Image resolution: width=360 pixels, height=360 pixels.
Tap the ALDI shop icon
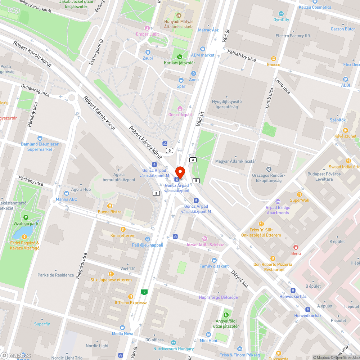[x=346, y=79]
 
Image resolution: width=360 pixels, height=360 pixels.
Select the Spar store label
[x=181, y=86]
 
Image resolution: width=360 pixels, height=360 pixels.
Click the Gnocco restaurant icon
[x=274, y=59]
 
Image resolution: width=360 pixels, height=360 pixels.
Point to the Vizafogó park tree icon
[x=26, y=217]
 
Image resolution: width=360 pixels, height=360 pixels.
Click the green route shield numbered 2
[x=144, y=292]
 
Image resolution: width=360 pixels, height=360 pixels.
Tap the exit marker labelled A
[x=193, y=159]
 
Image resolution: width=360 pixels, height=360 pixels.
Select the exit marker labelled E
[x=156, y=193]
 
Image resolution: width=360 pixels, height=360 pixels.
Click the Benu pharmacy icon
[x=296, y=247]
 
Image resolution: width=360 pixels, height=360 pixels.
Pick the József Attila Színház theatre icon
[x=205, y=238]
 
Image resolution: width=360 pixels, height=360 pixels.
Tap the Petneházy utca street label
[x=241, y=56]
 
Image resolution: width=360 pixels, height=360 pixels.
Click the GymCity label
[x=281, y=20]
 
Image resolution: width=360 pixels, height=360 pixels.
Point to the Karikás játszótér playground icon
[x=180, y=57]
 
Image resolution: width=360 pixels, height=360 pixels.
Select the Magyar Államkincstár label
[x=235, y=161]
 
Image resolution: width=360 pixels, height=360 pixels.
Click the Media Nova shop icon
[x=122, y=328]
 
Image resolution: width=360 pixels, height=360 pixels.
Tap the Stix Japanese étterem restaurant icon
[x=111, y=274]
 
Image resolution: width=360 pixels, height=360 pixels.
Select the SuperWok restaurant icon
[x=300, y=194]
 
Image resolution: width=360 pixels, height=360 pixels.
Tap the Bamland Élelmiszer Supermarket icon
[x=40, y=138]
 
